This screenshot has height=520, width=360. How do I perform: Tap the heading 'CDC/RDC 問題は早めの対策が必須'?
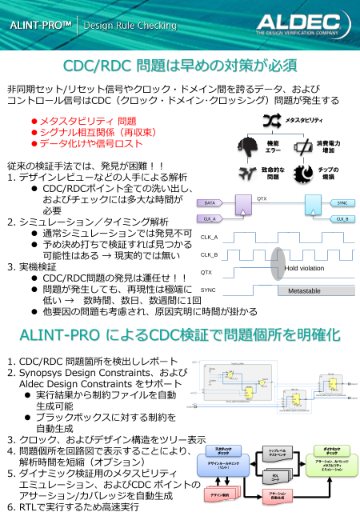[180, 64]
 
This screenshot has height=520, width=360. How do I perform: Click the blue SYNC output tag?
[341, 203]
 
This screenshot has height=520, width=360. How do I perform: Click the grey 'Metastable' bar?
[304, 290]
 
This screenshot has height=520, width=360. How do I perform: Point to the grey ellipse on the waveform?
[277, 263]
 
